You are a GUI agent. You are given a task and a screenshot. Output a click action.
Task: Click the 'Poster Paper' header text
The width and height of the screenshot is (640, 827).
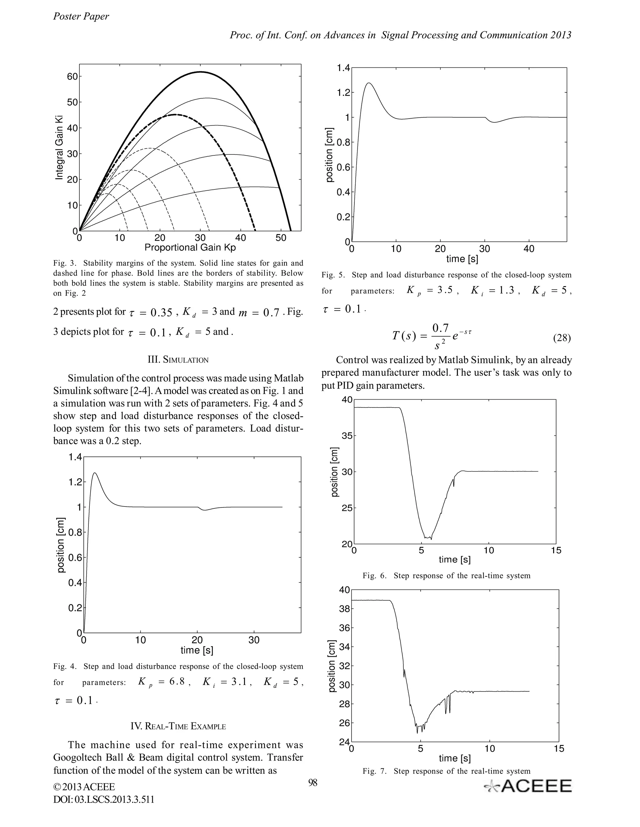(81, 16)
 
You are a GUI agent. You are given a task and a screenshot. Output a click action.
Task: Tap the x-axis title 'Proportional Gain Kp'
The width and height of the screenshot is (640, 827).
(190, 248)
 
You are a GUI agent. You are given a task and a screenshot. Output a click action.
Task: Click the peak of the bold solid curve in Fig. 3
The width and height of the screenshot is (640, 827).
(201, 71)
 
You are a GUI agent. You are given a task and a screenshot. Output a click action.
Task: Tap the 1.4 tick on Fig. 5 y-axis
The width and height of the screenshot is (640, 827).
(343, 68)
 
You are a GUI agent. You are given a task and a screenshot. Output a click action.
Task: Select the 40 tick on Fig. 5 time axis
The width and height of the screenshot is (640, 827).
(529, 249)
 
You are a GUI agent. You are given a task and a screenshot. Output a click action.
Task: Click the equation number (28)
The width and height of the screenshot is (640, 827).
(562, 338)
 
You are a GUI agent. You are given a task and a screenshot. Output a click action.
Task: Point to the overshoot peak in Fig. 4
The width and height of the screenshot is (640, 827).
(95, 472)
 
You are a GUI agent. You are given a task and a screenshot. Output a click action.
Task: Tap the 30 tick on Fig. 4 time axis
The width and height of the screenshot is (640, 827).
(254, 640)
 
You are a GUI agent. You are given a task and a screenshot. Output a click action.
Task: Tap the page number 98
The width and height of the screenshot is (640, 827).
(313, 783)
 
